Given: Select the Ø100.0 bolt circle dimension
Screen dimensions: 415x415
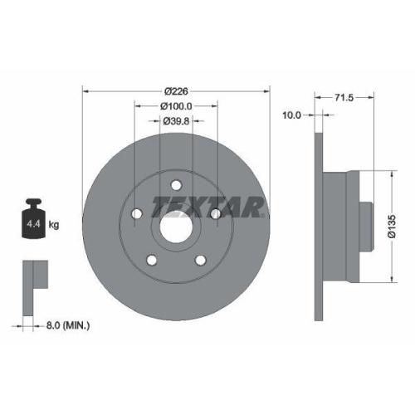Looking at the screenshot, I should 176,105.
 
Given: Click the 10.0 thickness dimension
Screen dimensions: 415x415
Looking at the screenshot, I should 291,116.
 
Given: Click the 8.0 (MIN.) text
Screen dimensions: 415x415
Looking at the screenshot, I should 67,325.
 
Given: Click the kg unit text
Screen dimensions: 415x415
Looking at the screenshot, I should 55,225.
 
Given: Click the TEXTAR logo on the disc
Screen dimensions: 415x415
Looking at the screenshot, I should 207,205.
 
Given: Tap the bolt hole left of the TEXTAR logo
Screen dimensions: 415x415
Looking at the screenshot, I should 137,213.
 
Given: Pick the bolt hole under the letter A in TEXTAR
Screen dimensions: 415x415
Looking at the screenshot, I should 215,214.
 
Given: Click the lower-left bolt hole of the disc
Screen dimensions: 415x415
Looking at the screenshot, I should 152,260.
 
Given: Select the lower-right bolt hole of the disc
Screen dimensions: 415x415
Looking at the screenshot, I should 200,260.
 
